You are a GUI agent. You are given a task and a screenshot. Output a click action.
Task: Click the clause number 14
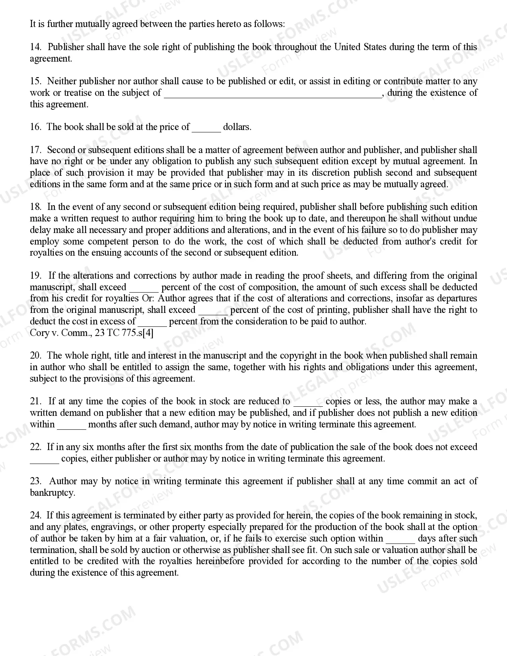coord(35,47)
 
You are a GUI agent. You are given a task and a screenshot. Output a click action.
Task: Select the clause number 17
coord(35,150)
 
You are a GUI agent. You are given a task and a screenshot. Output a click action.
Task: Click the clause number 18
coord(35,207)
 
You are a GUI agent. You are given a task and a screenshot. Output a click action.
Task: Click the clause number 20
coord(35,355)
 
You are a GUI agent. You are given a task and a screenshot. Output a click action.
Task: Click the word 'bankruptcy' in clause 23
coord(52,493)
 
